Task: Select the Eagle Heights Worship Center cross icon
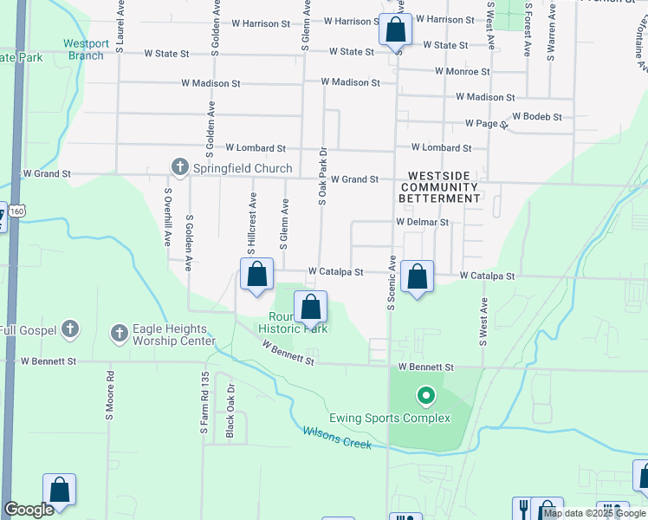(119, 333)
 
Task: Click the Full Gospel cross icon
(71, 329)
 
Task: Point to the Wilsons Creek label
(337, 437)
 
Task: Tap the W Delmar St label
(423, 222)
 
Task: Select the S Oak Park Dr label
(322, 174)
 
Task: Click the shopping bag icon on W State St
(395, 29)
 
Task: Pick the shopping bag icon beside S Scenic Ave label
(418, 277)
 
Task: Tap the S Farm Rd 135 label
(205, 403)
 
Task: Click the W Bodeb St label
(537, 116)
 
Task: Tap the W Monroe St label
(463, 71)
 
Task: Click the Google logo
(29, 510)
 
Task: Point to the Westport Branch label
(86, 49)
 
